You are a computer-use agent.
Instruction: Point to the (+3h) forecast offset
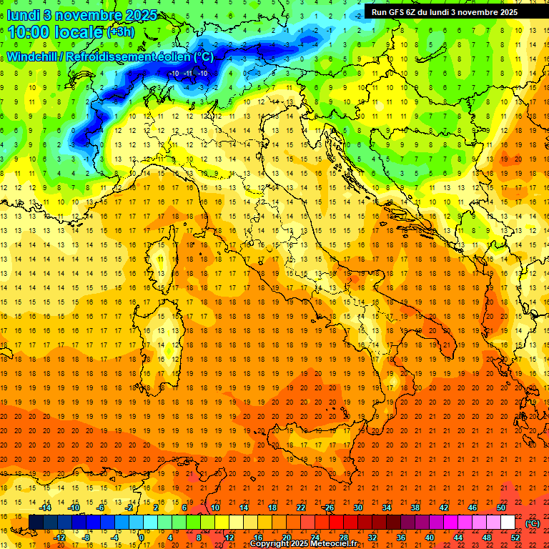click(119, 32)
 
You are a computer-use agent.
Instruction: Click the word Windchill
click(33, 56)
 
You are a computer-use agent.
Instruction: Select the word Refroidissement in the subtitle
click(110, 56)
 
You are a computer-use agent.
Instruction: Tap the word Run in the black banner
click(379, 12)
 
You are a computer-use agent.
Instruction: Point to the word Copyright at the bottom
click(269, 544)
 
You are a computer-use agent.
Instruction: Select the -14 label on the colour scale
click(45, 508)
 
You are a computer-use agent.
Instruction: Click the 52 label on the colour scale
click(515, 537)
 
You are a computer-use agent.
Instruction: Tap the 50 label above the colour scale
click(501, 508)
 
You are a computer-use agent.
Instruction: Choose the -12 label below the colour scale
click(59, 537)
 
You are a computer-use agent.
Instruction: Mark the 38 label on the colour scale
click(415, 508)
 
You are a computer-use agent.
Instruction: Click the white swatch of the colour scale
click(508, 523)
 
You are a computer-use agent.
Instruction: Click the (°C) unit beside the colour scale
click(532, 523)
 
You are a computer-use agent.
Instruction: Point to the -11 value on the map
click(189, 73)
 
